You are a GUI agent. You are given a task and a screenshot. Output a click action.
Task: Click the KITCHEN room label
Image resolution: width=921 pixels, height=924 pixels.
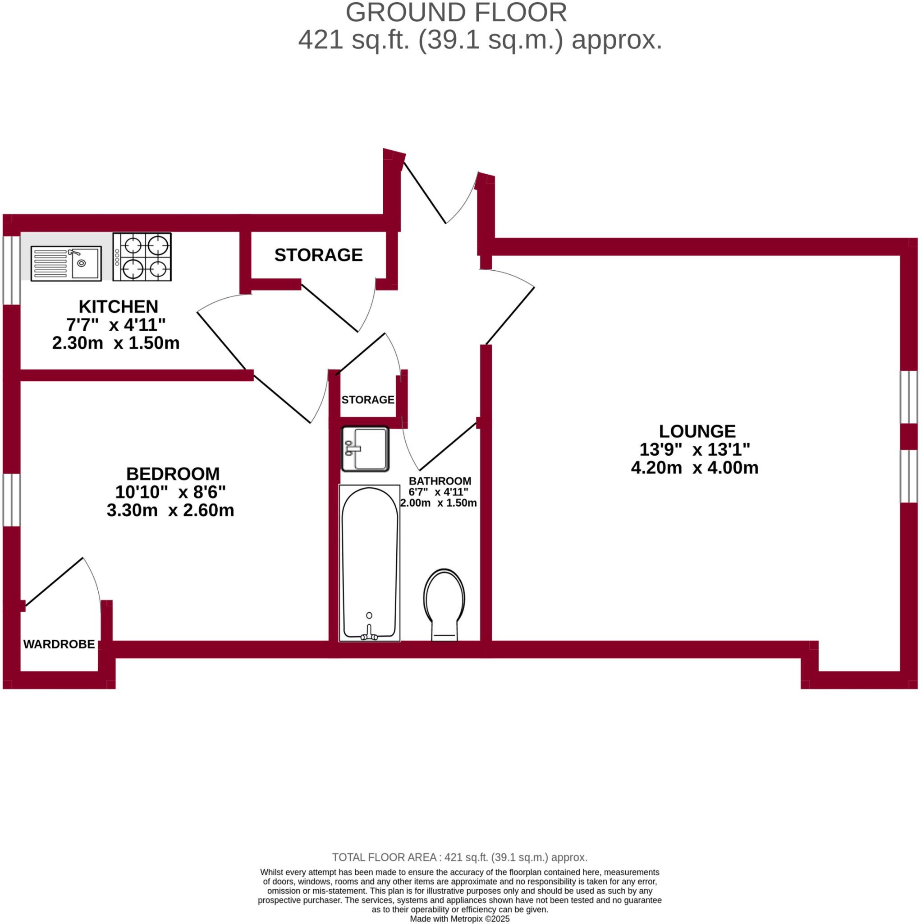(x=118, y=306)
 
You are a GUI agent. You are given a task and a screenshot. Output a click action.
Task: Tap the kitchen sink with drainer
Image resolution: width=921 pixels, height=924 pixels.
(x=66, y=263)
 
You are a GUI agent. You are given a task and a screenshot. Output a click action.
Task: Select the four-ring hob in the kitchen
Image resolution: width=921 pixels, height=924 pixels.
(x=142, y=257)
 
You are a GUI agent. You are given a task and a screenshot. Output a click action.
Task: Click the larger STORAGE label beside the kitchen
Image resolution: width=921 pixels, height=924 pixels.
(x=318, y=255)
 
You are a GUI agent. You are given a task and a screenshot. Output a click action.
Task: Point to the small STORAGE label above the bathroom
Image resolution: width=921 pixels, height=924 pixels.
(x=367, y=400)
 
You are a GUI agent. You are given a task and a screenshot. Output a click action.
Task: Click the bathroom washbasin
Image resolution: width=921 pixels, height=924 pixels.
(x=365, y=449)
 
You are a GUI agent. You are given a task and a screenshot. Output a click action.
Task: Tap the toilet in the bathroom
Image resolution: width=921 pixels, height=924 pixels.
(x=444, y=603)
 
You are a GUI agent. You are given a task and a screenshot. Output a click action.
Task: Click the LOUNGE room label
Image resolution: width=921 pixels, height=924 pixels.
(x=697, y=431)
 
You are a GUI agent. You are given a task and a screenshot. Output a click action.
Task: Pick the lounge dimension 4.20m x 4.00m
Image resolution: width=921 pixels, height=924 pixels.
(x=694, y=468)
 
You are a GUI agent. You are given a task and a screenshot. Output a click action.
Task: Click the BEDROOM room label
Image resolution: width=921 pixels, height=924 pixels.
(x=173, y=474)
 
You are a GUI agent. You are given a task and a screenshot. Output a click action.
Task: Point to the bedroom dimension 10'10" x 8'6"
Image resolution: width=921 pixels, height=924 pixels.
(x=170, y=492)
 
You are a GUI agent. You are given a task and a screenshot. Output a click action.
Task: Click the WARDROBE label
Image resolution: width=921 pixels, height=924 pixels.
(x=59, y=644)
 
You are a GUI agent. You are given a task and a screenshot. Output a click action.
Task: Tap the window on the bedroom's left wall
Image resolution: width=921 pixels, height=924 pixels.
(x=11, y=500)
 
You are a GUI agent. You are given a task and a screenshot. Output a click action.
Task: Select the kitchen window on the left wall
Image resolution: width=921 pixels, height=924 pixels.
(x=11, y=270)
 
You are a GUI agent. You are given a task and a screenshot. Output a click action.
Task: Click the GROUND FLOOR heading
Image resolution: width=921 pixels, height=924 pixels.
(x=456, y=13)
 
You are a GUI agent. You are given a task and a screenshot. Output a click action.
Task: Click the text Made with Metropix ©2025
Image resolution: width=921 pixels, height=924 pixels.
(x=460, y=919)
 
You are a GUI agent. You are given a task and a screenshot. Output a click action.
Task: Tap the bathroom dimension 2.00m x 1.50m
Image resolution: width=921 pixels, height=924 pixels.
(x=438, y=503)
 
